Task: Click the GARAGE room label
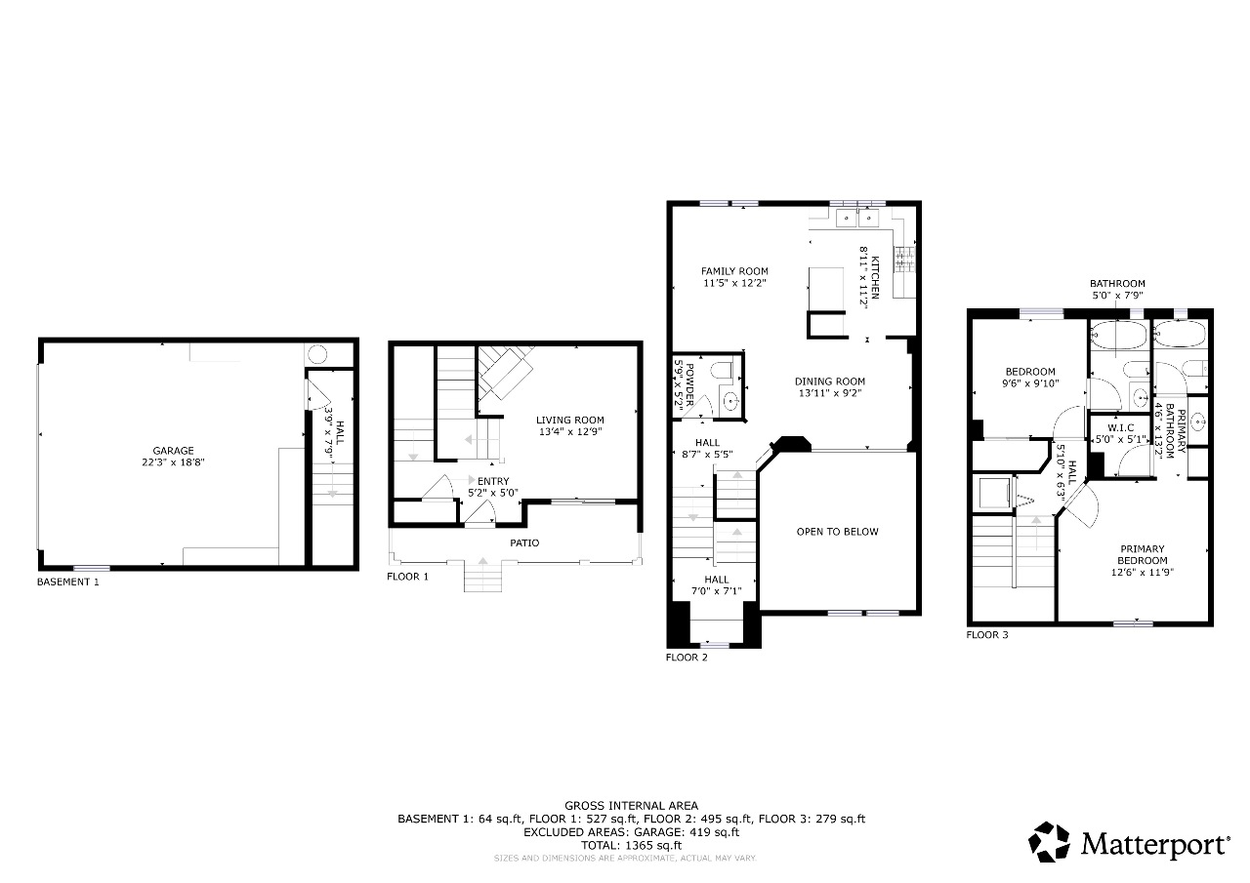173,451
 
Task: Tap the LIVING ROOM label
569,421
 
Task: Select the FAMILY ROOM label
734,271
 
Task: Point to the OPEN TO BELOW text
837,532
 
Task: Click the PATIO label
524,542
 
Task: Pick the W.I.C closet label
1120,428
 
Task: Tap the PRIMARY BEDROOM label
1143,554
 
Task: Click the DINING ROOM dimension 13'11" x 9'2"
830,393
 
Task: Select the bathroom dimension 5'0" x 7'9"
1117,296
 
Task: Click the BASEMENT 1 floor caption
68,582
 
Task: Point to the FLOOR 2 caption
687,658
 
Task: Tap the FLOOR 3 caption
987,634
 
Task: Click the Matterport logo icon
1049,842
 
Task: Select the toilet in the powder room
723,370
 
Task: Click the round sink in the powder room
731,400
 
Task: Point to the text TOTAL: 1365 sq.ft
631,845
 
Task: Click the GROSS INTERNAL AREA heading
631,806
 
